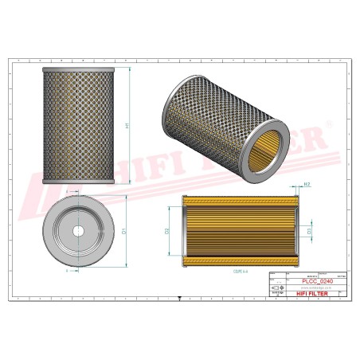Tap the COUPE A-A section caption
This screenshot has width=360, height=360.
239,272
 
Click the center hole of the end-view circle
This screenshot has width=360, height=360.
80,231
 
